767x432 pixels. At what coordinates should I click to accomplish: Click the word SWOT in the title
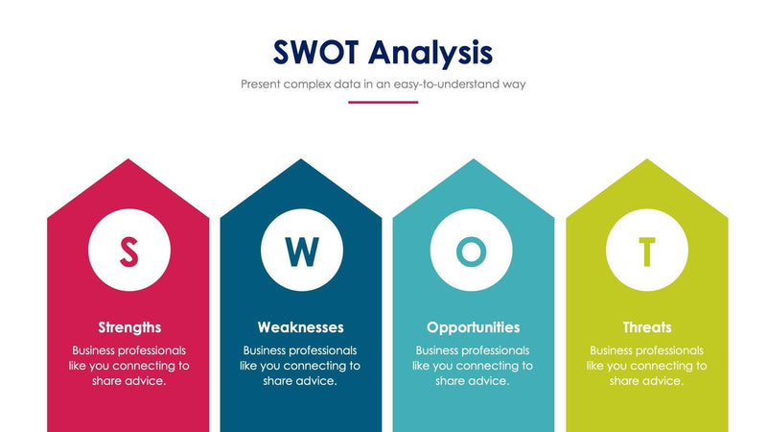(x=315, y=51)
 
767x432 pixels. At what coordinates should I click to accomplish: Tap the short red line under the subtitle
(x=383, y=102)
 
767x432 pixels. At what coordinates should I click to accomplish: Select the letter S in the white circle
(x=128, y=252)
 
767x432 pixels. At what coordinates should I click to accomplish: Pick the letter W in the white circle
(x=301, y=252)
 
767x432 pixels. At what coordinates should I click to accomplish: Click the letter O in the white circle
(x=471, y=252)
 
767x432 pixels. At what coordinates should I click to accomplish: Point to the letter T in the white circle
(x=647, y=252)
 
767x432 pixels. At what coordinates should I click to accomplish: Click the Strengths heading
(x=129, y=327)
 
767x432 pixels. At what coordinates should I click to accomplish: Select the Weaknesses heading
(x=300, y=327)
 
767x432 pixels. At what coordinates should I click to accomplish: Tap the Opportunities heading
(x=473, y=327)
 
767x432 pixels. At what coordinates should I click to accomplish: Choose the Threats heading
(x=646, y=327)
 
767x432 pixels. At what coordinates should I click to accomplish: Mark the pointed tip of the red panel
(x=128, y=161)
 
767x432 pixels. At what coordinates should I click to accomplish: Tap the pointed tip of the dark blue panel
(x=301, y=161)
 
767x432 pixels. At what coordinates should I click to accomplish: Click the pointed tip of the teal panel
(x=474, y=161)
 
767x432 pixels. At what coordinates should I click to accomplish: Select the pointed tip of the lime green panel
(x=647, y=161)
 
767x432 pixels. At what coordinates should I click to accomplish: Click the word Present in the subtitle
(x=262, y=84)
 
